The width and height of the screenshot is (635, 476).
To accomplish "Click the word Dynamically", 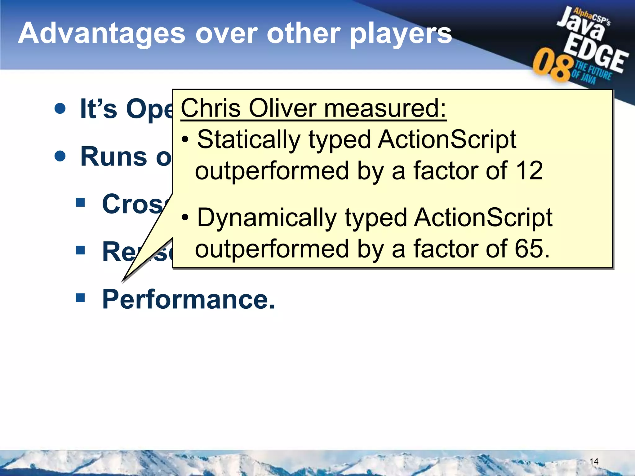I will coord(267,218).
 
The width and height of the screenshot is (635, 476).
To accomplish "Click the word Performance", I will coord(189,299).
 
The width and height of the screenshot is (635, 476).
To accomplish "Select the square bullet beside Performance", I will coord(80,298).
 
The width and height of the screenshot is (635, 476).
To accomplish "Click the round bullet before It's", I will coord(60,108).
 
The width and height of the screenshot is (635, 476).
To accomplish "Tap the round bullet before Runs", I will coord(60,156).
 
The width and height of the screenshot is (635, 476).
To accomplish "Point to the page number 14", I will coord(593,461).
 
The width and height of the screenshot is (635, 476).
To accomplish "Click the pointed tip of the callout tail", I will coord(123,281).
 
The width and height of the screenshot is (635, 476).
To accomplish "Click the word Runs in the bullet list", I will coord(113,157).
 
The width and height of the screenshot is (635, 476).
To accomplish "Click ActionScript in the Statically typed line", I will coord(446,140).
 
